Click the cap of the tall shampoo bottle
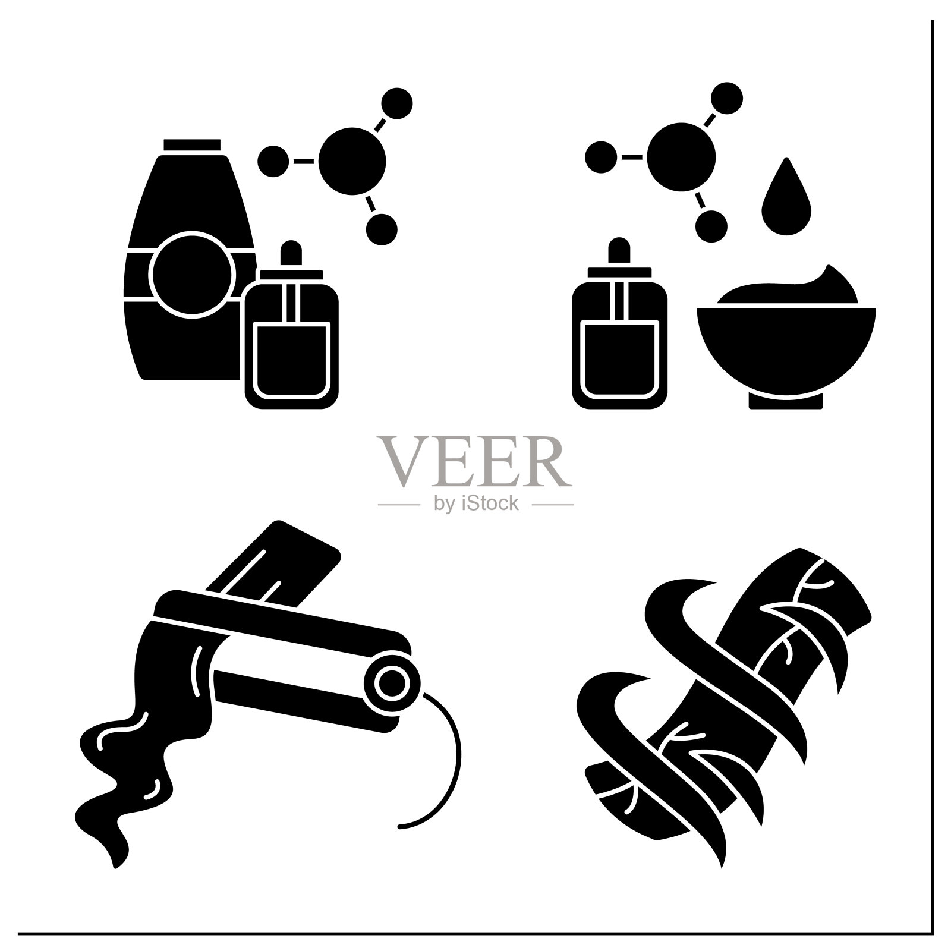[192, 145]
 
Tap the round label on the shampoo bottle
[190, 274]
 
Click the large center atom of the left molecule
[352, 160]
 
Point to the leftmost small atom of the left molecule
[273, 160]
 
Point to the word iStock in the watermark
[490, 503]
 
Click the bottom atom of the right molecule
[711, 225]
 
